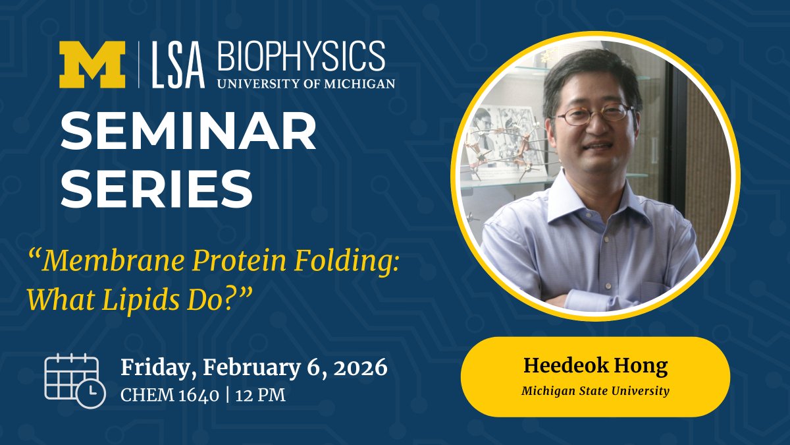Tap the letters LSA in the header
point(176,66)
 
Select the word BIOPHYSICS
point(301,57)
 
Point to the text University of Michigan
point(305,84)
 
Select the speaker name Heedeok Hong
point(595,366)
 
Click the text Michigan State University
point(595,391)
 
